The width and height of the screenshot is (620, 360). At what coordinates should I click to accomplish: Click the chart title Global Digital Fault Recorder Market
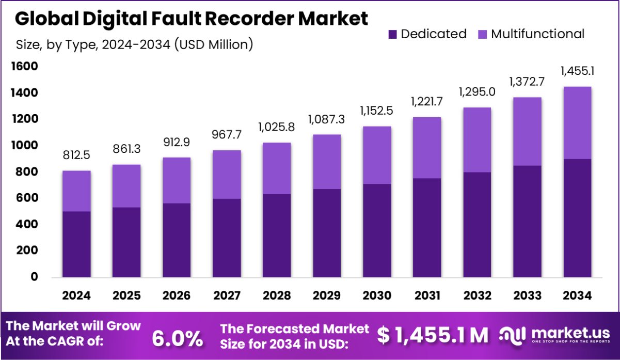pos(192,19)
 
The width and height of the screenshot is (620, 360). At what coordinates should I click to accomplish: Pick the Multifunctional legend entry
pos(531,34)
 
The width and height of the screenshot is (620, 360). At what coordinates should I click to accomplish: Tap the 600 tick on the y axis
pos(27,198)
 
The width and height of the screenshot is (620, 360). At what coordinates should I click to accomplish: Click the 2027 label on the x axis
pos(227,295)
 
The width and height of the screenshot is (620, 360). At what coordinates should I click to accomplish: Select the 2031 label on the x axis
pos(427,295)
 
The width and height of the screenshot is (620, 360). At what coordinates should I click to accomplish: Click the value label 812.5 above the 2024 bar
pos(76,155)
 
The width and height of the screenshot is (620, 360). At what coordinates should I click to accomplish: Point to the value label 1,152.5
pos(376,111)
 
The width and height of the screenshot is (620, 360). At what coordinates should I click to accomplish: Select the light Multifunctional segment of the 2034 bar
pos(577,123)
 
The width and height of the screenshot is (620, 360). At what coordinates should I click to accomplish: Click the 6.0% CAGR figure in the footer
pos(177,338)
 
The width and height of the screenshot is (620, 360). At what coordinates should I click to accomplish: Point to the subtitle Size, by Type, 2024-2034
pos(134,44)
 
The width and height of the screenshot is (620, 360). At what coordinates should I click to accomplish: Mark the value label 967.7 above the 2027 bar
pos(227,135)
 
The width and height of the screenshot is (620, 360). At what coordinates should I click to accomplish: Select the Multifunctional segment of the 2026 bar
pos(177,180)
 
